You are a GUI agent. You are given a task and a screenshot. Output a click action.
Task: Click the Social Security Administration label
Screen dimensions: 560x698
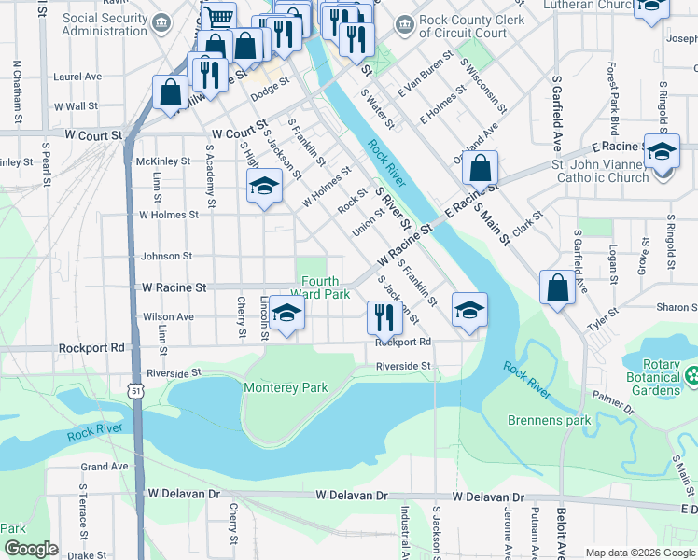[x=91, y=24]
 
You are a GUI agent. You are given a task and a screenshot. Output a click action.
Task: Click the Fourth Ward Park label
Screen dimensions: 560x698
[x=326, y=287]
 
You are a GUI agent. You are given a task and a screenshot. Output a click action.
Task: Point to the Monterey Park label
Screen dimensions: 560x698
[x=286, y=386]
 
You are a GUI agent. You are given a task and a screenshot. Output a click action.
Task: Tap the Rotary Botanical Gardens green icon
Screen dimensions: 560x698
[x=692, y=376]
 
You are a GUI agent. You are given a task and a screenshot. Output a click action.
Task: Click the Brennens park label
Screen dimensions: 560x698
[x=550, y=420]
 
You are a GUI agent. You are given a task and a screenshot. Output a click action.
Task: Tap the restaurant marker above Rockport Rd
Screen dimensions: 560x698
[x=384, y=317]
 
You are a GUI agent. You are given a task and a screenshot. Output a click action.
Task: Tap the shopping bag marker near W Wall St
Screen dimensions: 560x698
[x=170, y=93]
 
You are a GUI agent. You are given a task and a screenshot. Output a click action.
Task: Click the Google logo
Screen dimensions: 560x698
[x=32, y=549]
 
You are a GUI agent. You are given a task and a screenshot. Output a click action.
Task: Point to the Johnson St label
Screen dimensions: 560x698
[x=166, y=256]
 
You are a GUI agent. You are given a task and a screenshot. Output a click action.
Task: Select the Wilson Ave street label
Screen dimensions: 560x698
[x=168, y=316]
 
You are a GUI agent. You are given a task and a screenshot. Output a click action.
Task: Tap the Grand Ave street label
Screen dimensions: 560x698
[x=105, y=466]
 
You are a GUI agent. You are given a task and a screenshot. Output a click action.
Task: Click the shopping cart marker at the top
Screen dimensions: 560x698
[x=218, y=18]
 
